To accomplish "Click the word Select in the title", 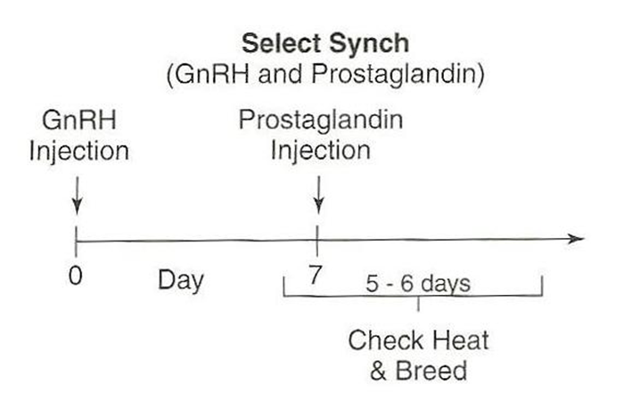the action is (x=281, y=43).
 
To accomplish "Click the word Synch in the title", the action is (x=369, y=45).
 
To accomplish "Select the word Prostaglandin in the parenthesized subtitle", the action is (x=394, y=75).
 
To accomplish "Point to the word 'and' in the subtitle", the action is (x=280, y=74).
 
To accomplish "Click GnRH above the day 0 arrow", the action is (x=79, y=119).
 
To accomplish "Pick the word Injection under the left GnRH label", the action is (x=78, y=152).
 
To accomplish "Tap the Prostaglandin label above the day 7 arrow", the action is (x=320, y=120).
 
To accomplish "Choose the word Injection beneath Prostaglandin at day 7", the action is (x=320, y=151).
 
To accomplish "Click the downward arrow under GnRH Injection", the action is (x=78, y=196).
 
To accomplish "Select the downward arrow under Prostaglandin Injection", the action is (x=318, y=195).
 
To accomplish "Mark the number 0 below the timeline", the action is (x=75, y=275).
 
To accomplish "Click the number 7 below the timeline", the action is (x=315, y=275).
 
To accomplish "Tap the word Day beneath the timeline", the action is (x=181, y=281).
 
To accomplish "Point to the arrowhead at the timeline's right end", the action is (x=576, y=239).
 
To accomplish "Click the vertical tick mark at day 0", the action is (x=76, y=241).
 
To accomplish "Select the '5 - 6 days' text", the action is (x=418, y=283).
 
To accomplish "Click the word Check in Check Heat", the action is (x=385, y=340).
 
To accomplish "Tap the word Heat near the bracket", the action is (x=461, y=340).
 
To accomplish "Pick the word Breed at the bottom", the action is (x=431, y=371).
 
